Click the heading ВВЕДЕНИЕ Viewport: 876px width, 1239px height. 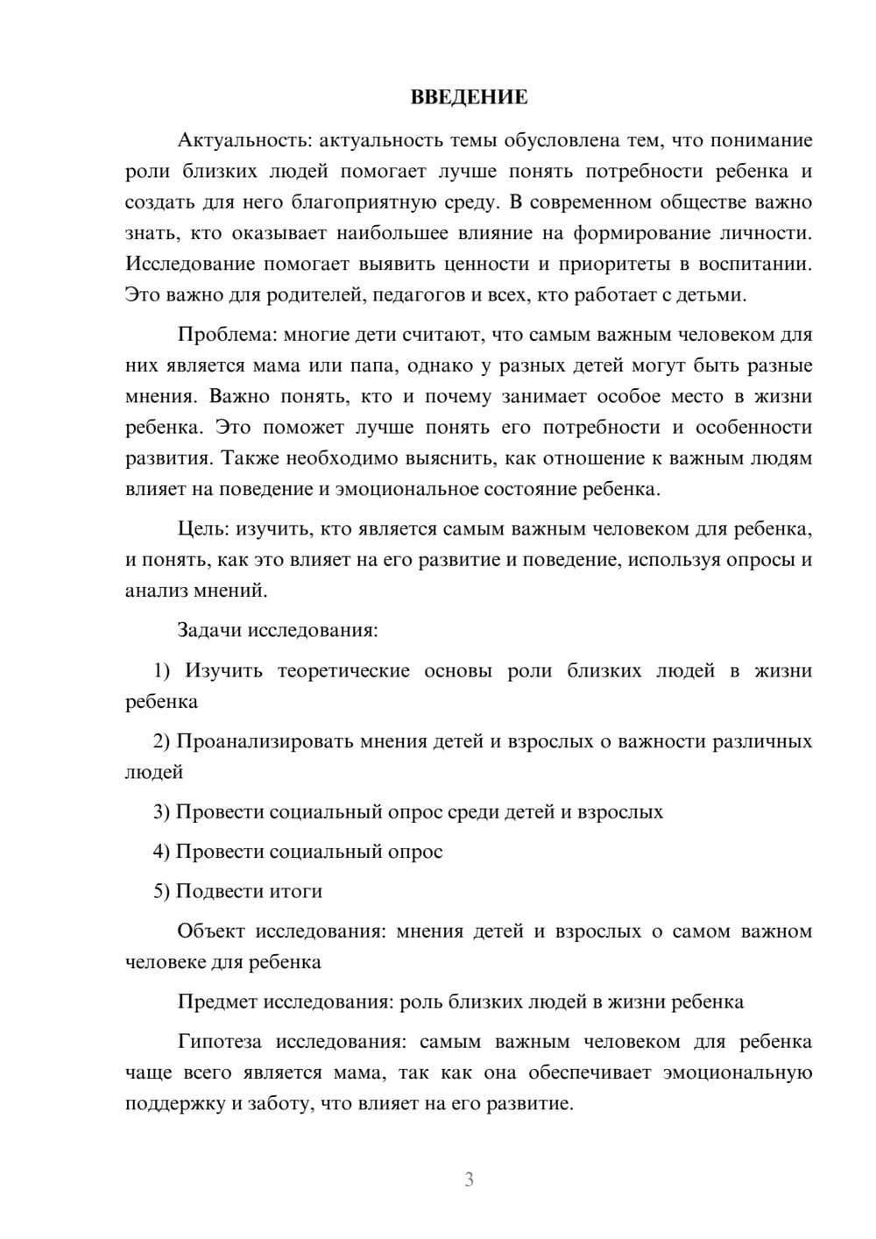[x=469, y=97]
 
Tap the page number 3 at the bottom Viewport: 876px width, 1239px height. [x=469, y=1179]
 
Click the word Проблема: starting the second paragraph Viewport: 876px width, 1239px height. [x=223, y=335]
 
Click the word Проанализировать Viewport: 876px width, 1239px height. [x=244, y=741]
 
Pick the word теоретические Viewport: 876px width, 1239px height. [x=343, y=671]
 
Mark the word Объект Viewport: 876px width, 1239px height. [x=211, y=931]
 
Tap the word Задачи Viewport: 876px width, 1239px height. [x=210, y=631]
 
